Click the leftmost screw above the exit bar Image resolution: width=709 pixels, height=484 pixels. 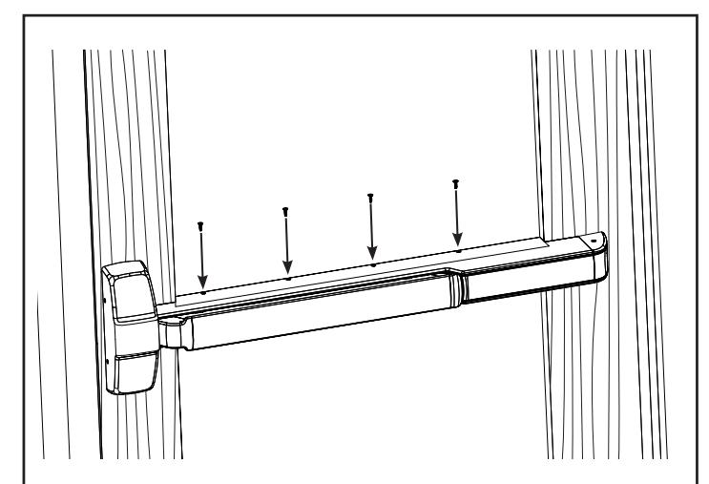200,226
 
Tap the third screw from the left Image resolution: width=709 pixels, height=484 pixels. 370,198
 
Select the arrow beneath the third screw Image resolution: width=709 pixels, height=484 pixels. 371,229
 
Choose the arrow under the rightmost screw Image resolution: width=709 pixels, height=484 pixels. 457,214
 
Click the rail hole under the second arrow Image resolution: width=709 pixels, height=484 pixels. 287,278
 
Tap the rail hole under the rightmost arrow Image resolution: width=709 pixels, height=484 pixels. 458,249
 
